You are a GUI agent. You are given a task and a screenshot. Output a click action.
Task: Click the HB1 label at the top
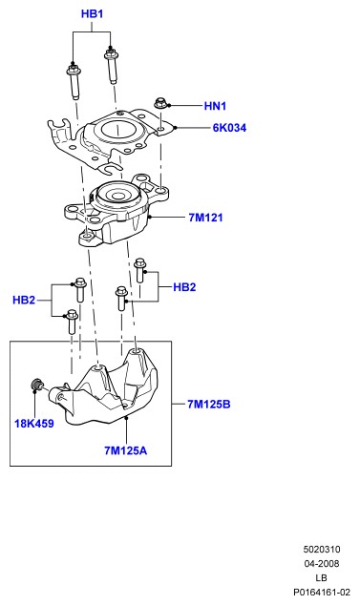[x=92, y=14]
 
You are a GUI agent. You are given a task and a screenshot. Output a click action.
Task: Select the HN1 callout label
[x=215, y=106]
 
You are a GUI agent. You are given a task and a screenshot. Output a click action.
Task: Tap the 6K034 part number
[x=229, y=128]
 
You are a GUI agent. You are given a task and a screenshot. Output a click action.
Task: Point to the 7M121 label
[x=206, y=218]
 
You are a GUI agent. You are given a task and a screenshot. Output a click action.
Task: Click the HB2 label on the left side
[x=24, y=300]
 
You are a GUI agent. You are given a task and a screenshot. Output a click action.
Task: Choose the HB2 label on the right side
[x=184, y=287]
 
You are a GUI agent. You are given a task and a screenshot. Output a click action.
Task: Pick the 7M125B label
[x=209, y=404]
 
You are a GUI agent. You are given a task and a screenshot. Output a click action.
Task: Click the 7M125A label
[x=125, y=450]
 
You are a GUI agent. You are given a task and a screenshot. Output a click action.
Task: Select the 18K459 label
[x=34, y=424]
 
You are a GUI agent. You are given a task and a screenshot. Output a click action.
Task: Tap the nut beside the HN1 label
[x=160, y=103]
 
